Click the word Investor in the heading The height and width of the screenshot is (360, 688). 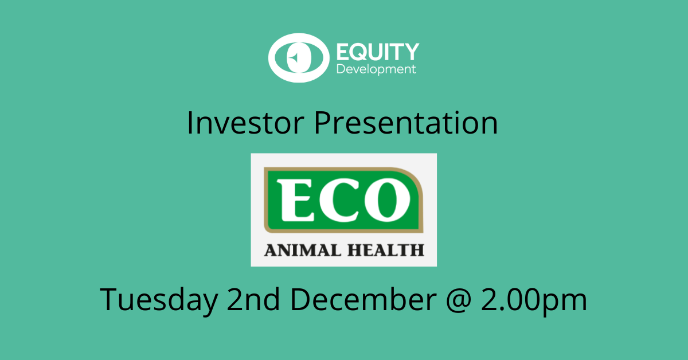coord(245,123)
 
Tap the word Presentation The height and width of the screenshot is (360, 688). coord(405,123)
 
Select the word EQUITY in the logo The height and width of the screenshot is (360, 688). coord(378,52)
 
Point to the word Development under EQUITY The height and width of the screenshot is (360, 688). coord(376,69)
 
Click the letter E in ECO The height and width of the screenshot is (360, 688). coord(295,200)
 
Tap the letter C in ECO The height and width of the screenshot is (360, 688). coord(339,200)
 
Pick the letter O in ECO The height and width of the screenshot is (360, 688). coord(387,200)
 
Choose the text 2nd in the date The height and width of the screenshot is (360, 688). coord(253,299)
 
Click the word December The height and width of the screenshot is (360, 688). coord(363,299)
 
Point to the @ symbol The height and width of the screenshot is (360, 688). coord(458,301)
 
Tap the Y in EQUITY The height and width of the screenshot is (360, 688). coord(411,52)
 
